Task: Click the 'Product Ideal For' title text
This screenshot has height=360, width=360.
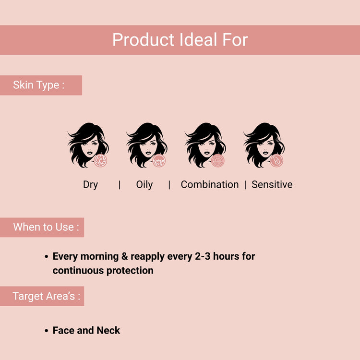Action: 180,40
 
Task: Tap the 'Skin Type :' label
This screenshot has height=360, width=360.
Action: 38,85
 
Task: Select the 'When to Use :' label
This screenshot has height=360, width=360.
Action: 46,227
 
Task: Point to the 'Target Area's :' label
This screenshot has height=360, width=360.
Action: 46,296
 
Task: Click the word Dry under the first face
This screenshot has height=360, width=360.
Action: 90,185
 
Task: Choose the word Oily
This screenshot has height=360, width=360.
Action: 144,185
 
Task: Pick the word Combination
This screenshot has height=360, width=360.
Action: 210,185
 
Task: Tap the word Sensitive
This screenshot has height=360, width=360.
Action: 272,185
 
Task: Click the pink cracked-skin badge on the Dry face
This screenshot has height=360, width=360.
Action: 101,160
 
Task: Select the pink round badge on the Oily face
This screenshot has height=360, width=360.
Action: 159,160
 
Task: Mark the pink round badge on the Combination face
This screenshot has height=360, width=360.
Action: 217,160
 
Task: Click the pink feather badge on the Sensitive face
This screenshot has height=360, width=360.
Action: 276,160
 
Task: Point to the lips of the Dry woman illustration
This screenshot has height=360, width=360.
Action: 90,153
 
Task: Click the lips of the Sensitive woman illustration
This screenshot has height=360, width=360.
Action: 265,153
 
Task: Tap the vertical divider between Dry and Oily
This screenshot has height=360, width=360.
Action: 120,185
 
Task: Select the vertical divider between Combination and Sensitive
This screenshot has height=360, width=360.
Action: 245,185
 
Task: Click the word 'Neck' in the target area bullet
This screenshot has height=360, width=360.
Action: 108,330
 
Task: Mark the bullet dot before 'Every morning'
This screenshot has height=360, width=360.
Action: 47,256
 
